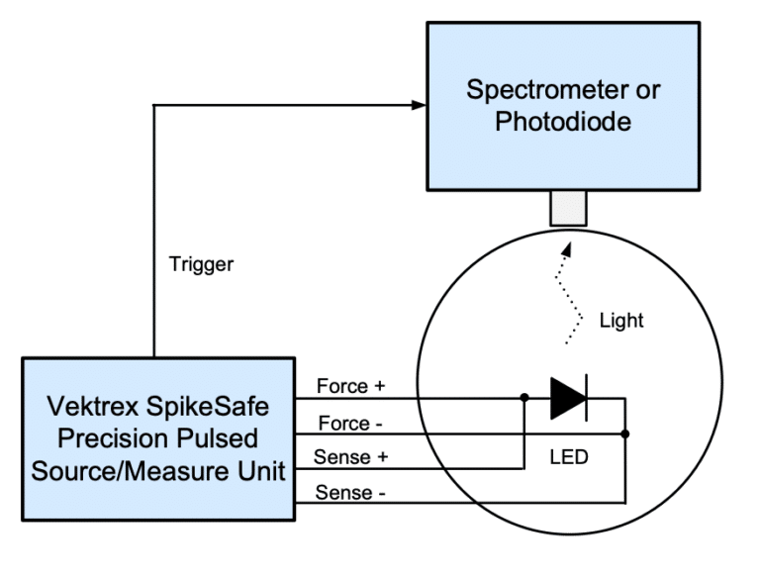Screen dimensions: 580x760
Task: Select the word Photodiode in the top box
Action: pos(563,123)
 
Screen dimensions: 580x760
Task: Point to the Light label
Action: pos(621,320)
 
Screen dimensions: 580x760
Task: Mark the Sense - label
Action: pos(347,492)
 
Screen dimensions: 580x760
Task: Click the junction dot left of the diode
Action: pos(524,399)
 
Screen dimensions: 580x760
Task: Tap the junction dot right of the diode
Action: pos(625,434)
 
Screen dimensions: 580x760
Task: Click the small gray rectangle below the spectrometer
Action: pos(568,209)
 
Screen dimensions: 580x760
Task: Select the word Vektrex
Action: pos(93,406)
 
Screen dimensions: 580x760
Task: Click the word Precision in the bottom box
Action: pos(117,438)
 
